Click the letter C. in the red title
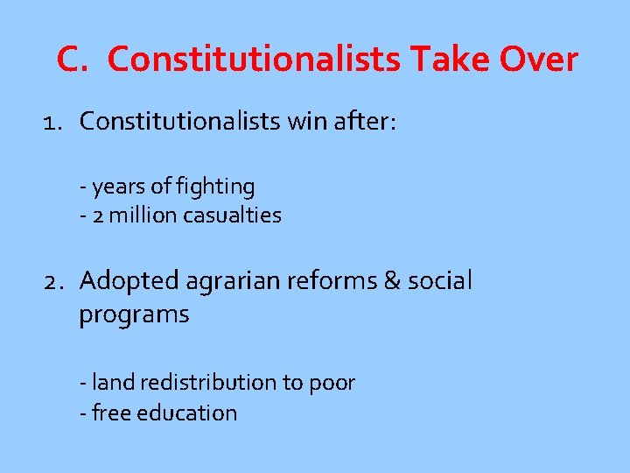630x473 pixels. point(73,60)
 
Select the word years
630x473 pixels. point(117,187)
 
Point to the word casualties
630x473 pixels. point(233,215)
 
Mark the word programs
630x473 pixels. point(134,314)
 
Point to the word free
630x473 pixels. point(108,413)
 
